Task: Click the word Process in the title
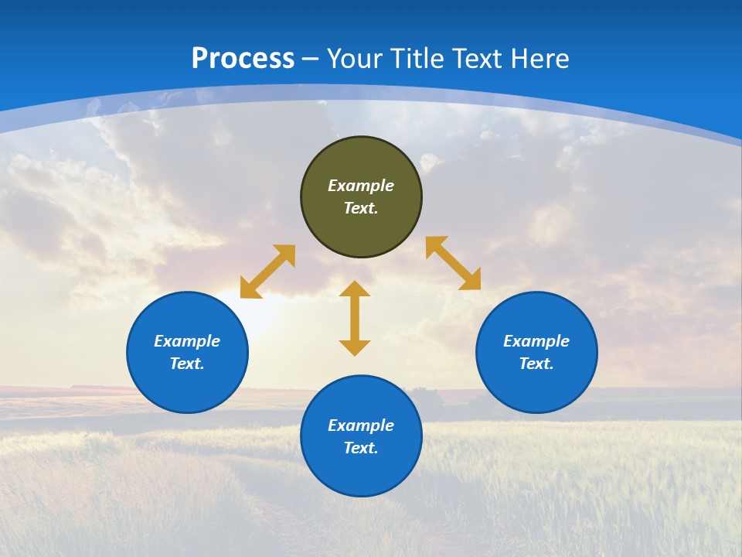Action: pyautogui.click(x=243, y=59)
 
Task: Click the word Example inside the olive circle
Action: pyautogui.click(x=361, y=186)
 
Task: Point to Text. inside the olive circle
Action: pyautogui.click(x=361, y=208)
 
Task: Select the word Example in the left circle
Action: pyautogui.click(x=187, y=341)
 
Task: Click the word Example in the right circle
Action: pyautogui.click(x=536, y=341)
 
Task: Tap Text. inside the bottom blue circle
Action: pyautogui.click(x=361, y=448)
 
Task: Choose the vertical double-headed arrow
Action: pyautogui.click(x=355, y=318)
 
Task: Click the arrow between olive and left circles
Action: pyautogui.click(x=267, y=272)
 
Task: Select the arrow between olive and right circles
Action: pyautogui.click(x=453, y=263)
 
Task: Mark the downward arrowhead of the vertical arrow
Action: pyautogui.click(x=355, y=347)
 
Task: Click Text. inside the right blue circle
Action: pyautogui.click(x=536, y=364)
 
